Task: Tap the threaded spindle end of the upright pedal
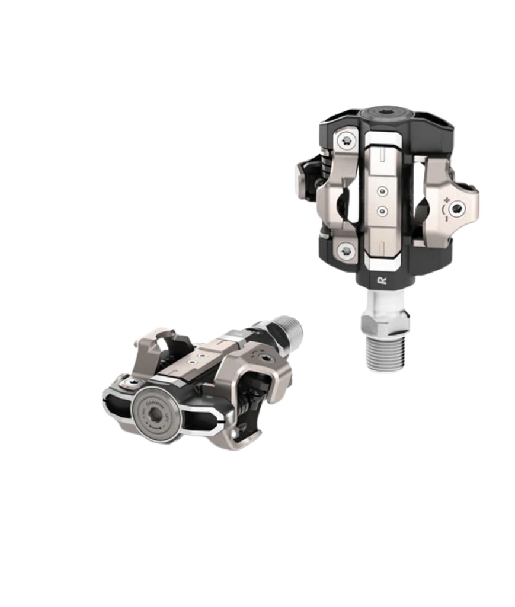[x=385, y=352]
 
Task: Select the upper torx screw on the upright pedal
[x=346, y=140]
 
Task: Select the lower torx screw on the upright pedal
[x=346, y=251]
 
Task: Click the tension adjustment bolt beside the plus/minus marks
[x=456, y=208]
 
